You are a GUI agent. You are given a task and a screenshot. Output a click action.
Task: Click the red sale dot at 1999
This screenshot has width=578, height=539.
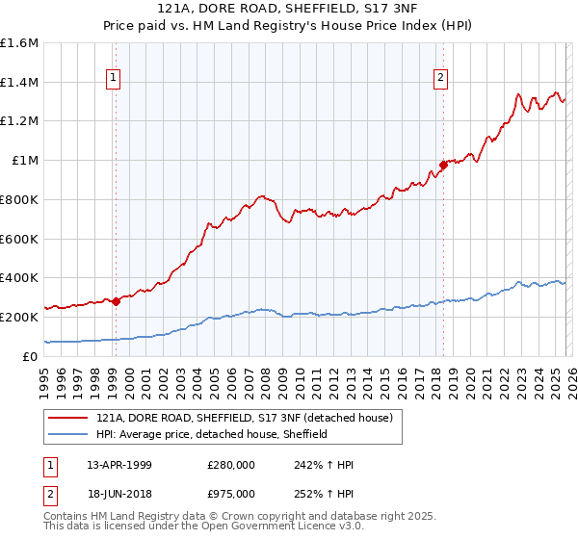(116, 300)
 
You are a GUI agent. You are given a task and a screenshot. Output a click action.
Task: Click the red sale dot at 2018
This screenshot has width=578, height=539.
(443, 165)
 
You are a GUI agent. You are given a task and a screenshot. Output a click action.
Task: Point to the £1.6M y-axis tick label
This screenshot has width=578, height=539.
(19, 43)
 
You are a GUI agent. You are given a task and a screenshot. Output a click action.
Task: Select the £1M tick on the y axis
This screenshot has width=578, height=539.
(24, 161)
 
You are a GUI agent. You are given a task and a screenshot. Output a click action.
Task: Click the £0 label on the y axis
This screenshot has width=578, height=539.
(32, 356)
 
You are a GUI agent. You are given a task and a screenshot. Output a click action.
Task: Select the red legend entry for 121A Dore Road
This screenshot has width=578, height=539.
(245, 419)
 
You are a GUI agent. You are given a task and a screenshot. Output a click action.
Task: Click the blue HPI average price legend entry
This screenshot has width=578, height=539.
(212, 434)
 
